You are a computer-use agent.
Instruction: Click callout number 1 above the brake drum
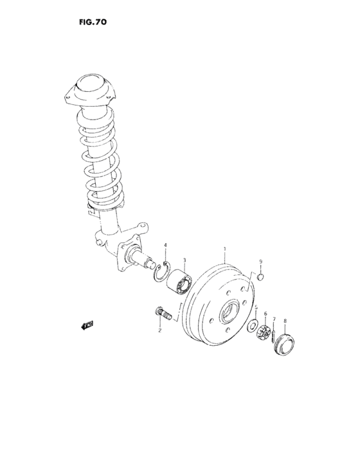point(225,249)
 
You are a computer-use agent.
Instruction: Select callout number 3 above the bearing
point(165,246)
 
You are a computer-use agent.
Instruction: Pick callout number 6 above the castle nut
point(274,319)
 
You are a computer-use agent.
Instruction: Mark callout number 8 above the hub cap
point(261,263)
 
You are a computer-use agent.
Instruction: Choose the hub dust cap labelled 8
point(262,277)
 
